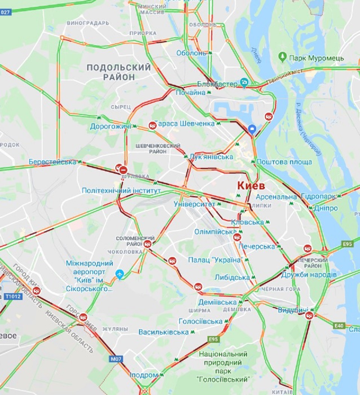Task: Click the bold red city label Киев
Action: pos(251,186)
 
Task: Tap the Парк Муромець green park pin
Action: pos(282,58)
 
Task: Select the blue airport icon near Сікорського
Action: pos(120,274)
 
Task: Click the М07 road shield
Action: pos(116,359)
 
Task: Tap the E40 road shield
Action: pos(339,326)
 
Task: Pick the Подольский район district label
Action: pos(118,72)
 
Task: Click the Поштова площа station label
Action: pos(284,162)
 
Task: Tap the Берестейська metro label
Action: pos(52,162)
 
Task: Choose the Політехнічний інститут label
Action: pos(121,191)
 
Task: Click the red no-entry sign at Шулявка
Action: pos(124,170)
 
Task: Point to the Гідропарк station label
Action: pos(318,196)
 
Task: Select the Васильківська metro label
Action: pos(163,332)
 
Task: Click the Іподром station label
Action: pos(144,375)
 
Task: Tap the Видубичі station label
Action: pos(293,310)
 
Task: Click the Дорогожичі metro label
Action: pos(110,126)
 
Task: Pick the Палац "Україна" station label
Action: pos(215,260)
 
